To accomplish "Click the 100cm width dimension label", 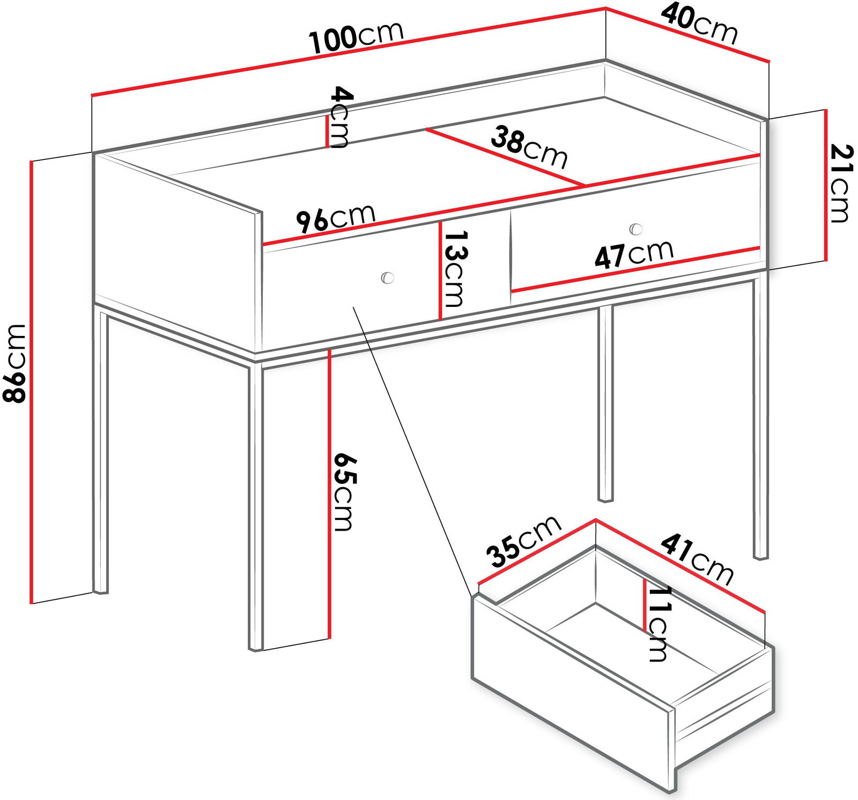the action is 356,37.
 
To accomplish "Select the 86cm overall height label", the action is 14,363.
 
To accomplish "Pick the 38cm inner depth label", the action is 529,146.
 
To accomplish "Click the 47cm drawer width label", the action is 634,254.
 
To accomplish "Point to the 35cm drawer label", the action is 523,541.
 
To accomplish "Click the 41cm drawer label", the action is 697,560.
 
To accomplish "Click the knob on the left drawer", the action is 387,277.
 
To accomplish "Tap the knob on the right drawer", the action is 635,229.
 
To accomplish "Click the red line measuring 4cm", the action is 327,132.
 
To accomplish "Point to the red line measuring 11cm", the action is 645,605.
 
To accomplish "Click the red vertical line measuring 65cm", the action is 329,494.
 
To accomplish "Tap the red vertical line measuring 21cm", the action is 826,185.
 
